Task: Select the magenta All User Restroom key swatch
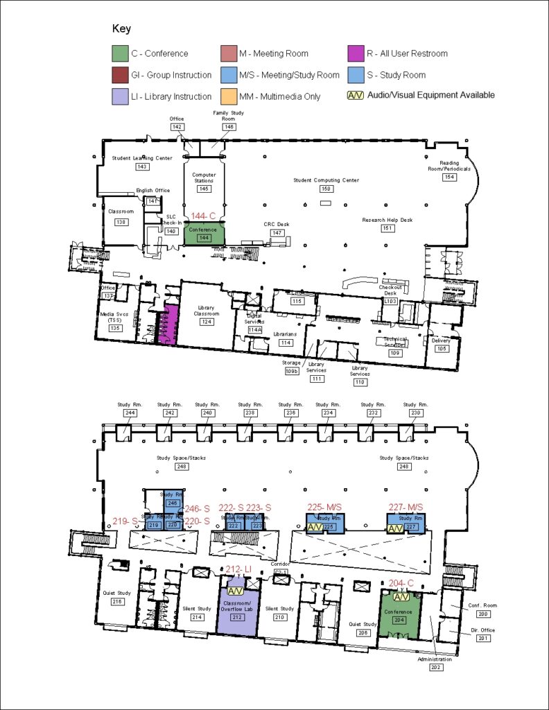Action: click(x=356, y=53)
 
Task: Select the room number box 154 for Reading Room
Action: click(x=450, y=177)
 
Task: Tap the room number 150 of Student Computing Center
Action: click(x=326, y=189)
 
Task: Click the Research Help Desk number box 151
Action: click(x=387, y=228)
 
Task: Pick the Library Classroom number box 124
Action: click(x=206, y=322)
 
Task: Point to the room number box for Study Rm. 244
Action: click(x=130, y=413)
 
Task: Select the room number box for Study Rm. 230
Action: click(x=415, y=413)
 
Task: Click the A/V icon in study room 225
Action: click(x=315, y=528)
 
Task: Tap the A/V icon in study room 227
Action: click(x=395, y=528)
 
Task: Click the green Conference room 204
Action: click(x=401, y=614)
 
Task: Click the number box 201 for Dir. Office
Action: click(x=482, y=637)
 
